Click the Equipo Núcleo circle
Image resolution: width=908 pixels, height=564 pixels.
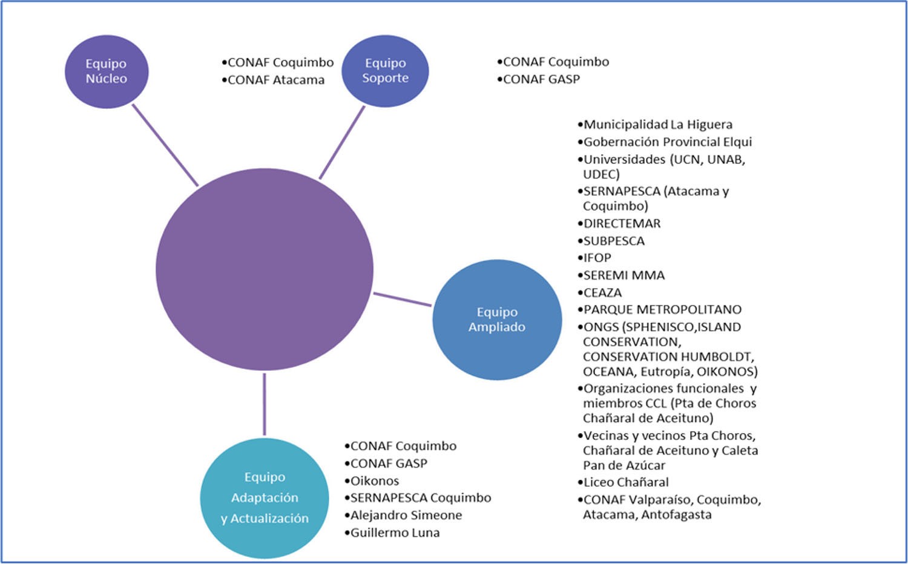pos(107,71)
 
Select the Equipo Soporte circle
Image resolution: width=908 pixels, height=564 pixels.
pos(385,71)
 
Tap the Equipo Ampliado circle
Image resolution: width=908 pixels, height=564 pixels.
pos(497,320)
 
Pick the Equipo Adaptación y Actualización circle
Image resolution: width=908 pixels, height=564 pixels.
pos(265,497)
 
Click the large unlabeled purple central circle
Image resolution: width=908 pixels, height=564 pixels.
pos(265,269)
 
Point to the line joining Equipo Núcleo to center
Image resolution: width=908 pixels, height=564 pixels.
pos(165,145)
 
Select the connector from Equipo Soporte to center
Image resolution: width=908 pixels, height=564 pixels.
pos(342,143)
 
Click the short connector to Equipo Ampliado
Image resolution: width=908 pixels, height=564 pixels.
pos(403,300)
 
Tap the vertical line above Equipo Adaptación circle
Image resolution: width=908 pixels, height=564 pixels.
pos(265,404)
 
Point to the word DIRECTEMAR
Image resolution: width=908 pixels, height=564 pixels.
pos(622,223)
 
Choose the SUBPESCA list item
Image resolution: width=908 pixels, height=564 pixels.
pos(614,241)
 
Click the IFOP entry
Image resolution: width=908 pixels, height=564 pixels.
pos(597,258)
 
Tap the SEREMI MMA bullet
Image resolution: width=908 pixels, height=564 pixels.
pos(623,275)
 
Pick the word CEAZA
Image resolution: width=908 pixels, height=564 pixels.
pos(602,292)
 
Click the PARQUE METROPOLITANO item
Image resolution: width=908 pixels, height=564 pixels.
pos(662,309)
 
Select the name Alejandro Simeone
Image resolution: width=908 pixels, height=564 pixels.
pos(406,515)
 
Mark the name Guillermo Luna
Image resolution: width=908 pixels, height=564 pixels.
pos(395,533)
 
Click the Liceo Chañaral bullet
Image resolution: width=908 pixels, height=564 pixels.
pos(626,482)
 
